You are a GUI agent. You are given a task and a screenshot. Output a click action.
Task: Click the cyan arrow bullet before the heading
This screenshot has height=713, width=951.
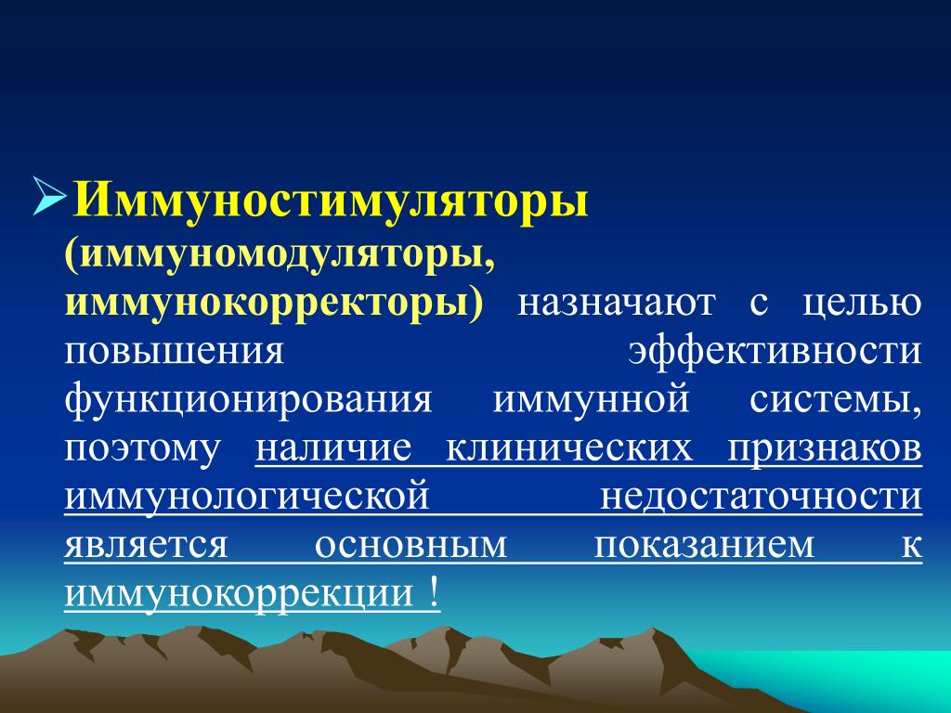(48, 196)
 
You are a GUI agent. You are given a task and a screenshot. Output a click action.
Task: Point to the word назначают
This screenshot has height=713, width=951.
(617, 304)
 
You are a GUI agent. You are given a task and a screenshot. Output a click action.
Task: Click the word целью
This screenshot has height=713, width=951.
(862, 305)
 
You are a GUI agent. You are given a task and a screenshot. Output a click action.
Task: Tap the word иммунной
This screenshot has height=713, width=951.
(591, 400)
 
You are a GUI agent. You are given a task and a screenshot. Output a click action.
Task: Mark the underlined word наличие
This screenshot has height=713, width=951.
(333, 448)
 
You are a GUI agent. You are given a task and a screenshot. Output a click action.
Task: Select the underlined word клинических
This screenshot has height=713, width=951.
(569, 449)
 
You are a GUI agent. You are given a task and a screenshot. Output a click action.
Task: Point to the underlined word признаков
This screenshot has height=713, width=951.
(825, 449)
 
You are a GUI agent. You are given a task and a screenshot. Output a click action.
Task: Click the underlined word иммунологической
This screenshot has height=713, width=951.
(247, 498)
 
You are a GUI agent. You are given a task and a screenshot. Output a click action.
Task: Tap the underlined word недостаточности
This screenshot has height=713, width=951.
(762, 499)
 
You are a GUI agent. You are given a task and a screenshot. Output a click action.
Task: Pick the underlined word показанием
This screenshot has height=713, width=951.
(704, 546)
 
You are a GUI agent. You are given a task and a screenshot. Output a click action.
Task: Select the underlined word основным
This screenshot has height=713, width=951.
(410, 546)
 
